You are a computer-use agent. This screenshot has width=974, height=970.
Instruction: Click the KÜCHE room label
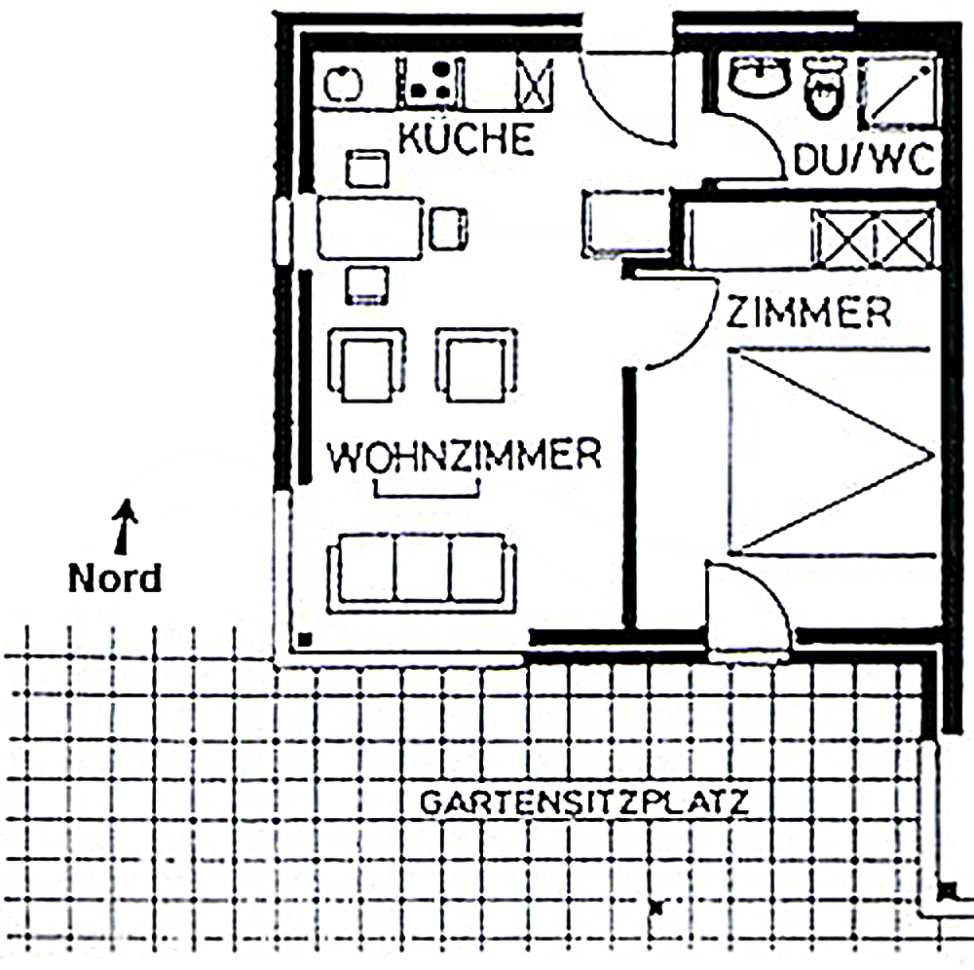(x=466, y=138)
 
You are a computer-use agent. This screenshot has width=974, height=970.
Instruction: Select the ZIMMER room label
(x=808, y=312)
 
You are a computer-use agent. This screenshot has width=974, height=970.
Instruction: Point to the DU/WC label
(x=864, y=160)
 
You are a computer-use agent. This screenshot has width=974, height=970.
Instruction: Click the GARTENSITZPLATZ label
(x=584, y=802)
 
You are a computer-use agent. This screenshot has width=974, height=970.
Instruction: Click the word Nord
(x=115, y=578)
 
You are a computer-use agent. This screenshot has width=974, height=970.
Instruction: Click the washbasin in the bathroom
(x=759, y=77)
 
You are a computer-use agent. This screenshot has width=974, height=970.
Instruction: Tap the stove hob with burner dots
(x=430, y=81)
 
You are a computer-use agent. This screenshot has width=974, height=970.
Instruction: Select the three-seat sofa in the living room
(x=421, y=574)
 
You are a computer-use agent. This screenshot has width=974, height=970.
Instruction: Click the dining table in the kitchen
(x=370, y=228)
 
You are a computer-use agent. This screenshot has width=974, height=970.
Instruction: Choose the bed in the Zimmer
(x=832, y=452)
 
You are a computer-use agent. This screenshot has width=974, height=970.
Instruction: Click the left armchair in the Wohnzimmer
(x=366, y=365)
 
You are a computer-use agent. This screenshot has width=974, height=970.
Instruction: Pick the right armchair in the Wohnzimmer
(x=476, y=365)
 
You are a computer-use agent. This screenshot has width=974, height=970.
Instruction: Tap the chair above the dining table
(x=367, y=168)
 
